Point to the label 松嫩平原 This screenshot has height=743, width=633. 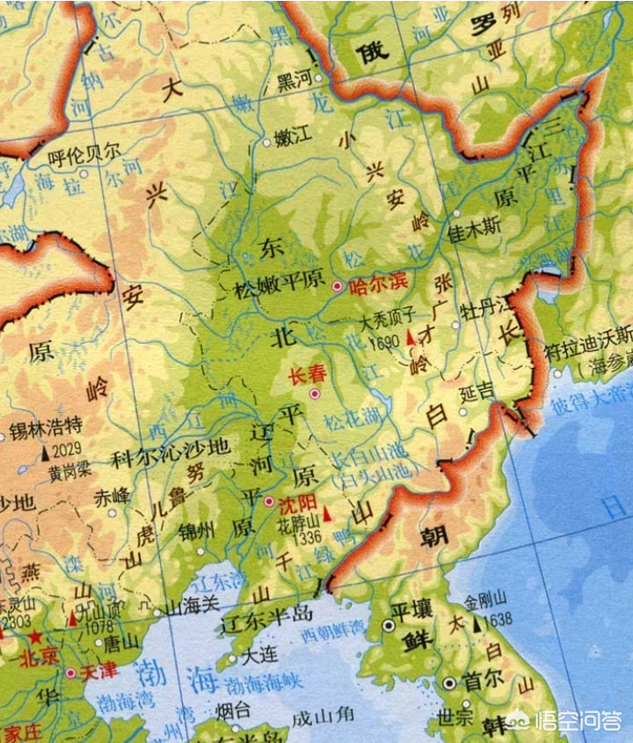(280, 287)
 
